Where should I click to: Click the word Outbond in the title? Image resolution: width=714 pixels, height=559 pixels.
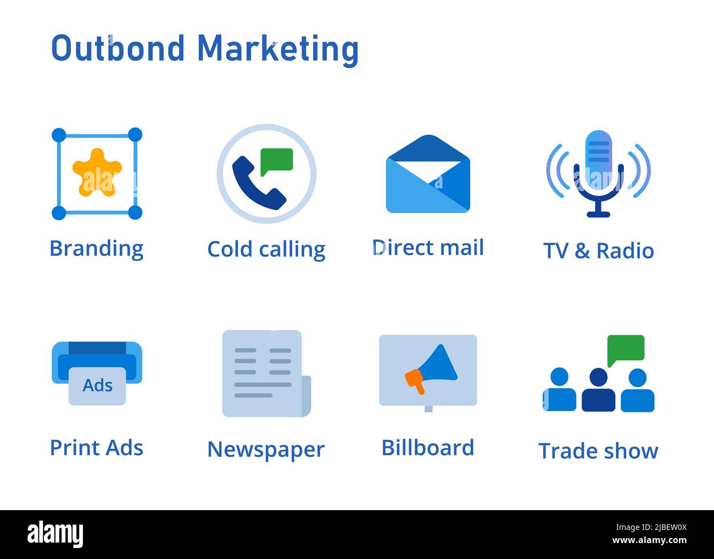[x=118, y=48]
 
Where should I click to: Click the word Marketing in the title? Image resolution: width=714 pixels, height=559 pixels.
[x=277, y=48]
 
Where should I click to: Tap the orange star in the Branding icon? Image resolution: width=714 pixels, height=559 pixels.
[x=97, y=172]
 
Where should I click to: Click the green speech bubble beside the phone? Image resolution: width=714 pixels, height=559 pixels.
[x=276, y=160]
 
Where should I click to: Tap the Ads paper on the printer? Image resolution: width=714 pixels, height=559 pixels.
[x=97, y=385]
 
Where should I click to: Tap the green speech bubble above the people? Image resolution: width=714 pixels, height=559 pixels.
[x=626, y=348]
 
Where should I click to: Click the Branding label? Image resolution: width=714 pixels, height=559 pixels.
[x=97, y=248]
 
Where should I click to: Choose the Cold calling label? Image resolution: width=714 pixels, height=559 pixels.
[x=266, y=249]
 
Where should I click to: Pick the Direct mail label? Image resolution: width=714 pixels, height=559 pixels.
[x=428, y=248]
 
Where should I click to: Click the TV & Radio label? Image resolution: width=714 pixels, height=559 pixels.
[x=598, y=251]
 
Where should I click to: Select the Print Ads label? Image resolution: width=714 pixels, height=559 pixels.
[x=97, y=448]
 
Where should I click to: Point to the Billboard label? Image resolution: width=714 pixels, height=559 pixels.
[x=428, y=448]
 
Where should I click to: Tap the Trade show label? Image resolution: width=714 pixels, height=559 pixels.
[x=598, y=451]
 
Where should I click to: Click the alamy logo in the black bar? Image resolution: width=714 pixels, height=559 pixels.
[x=55, y=534]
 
